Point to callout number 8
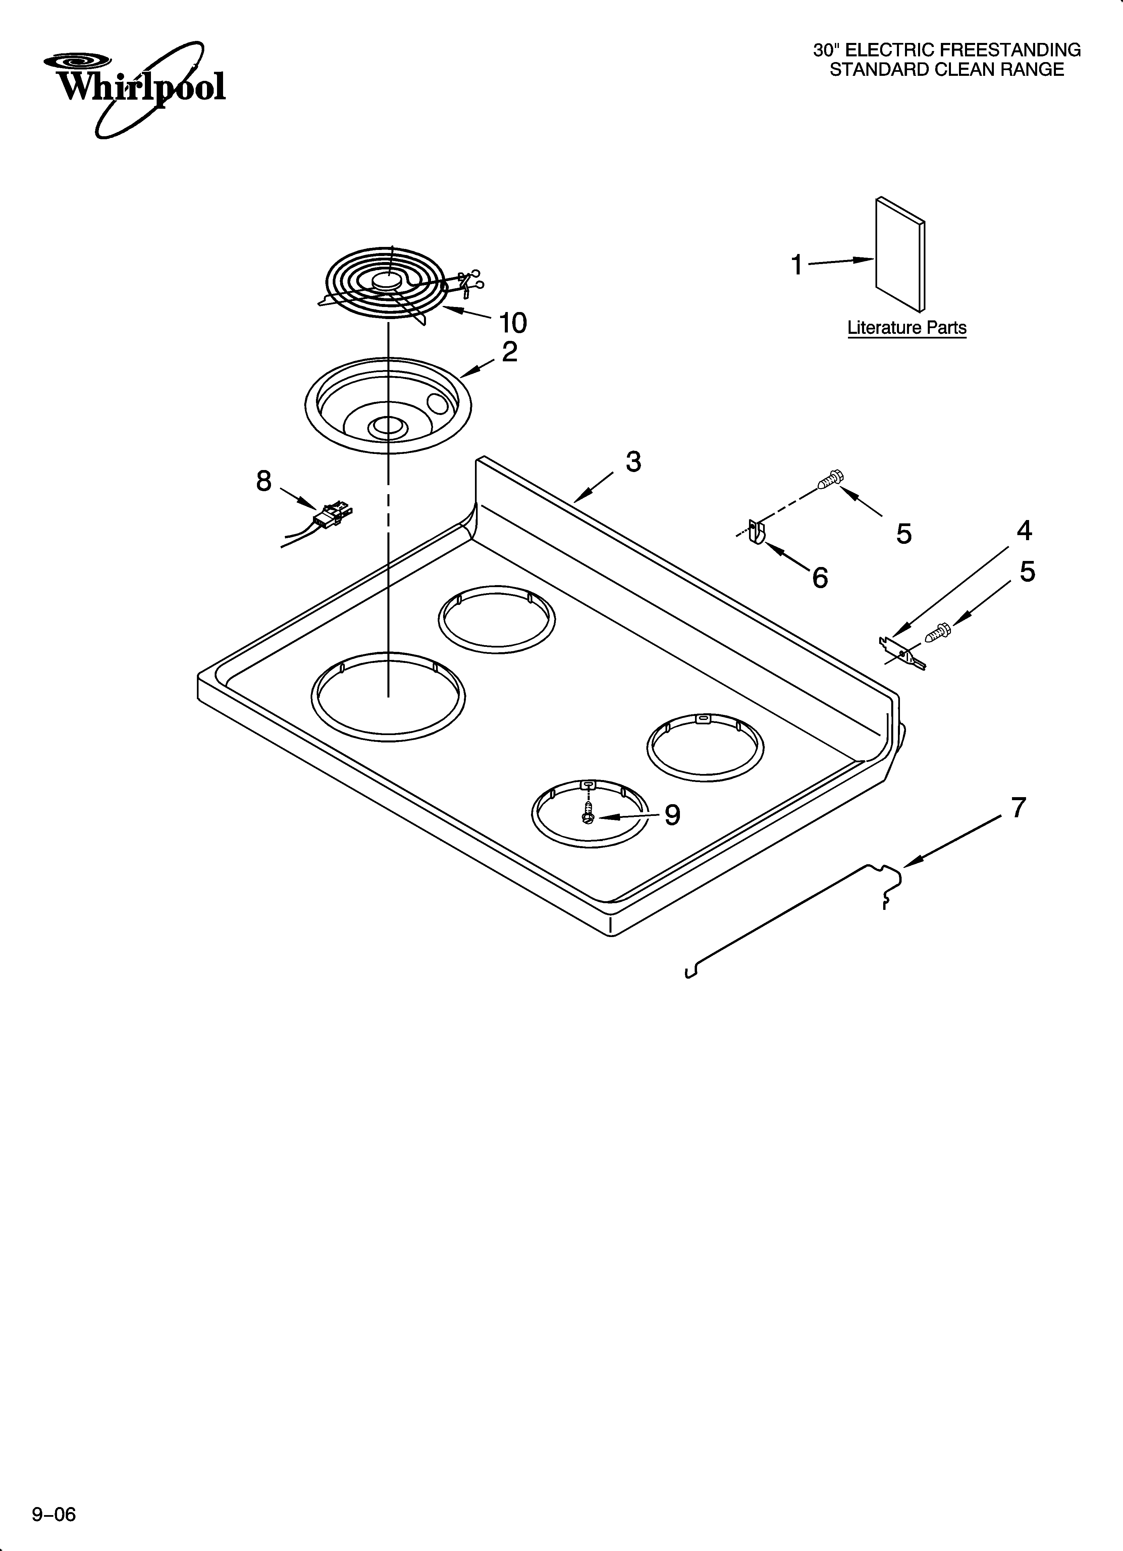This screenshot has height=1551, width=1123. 264,481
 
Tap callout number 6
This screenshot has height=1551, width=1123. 820,578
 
